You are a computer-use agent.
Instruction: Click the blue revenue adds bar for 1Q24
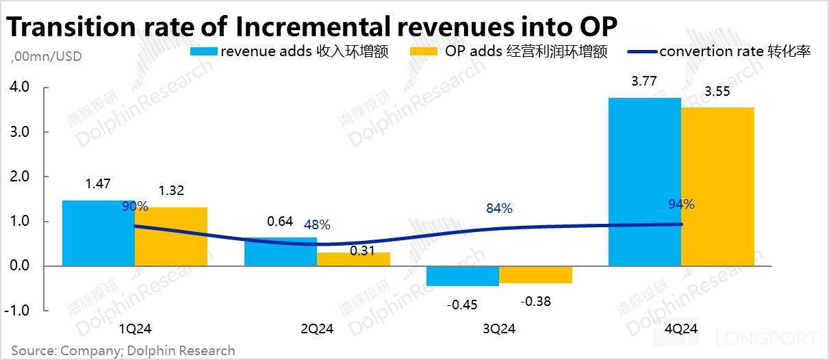coord(98,233)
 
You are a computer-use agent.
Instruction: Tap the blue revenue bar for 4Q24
coord(644,181)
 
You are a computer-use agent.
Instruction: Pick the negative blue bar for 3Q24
coord(462,275)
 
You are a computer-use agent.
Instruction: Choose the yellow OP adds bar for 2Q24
coord(353,259)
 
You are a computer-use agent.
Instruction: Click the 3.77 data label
coord(644,81)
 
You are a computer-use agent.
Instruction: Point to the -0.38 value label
coord(536,301)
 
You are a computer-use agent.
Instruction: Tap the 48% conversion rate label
coord(317,224)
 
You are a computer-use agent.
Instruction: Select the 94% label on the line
coord(681,204)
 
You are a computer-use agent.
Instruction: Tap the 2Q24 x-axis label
coord(316,329)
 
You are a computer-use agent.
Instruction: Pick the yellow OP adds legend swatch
coord(423,51)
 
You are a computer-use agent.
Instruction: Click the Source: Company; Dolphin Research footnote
coord(123,350)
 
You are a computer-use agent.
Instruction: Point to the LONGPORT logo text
coord(767,339)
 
